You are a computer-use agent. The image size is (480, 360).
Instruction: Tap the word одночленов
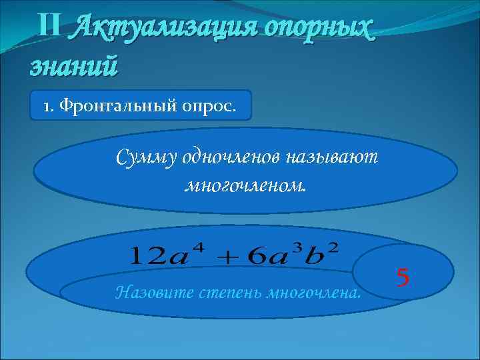pyautogui.click(x=227, y=158)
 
